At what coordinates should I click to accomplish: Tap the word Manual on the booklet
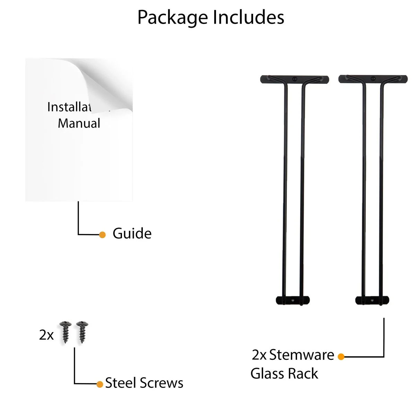tap(79, 123)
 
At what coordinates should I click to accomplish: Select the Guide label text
tap(132, 234)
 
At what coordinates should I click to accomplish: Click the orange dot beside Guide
tap(102, 235)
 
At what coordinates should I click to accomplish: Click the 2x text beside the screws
tap(46, 335)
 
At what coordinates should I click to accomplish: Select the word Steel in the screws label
tap(120, 383)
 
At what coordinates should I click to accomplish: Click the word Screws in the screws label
tap(162, 383)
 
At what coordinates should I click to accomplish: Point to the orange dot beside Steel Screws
tap(100, 384)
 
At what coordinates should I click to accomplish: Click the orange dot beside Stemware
tap(341, 356)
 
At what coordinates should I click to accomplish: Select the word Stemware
tap(302, 355)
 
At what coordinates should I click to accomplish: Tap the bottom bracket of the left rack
tap(293, 300)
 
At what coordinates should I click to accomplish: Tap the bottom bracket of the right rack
tap(372, 300)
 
